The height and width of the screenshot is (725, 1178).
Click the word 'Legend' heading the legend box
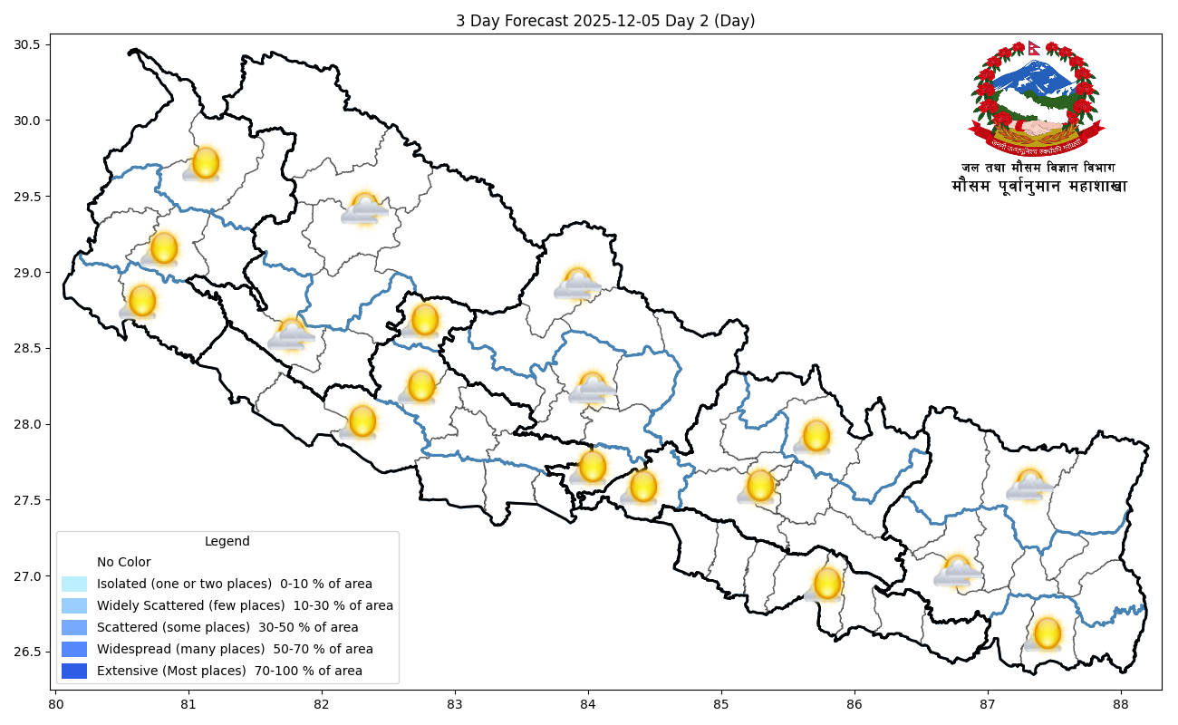point(227,542)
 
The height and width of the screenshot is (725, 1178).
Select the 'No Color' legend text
point(124,562)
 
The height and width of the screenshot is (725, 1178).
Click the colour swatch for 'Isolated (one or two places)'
point(74,584)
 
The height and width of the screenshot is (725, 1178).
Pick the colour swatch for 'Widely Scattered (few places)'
point(74,605)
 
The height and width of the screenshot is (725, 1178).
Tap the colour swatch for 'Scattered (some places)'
point(74,627)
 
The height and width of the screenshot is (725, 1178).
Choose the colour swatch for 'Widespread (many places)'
point(74,649)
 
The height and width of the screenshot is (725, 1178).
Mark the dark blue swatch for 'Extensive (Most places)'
point(74,671)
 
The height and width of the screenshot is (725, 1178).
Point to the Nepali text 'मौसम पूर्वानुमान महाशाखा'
point(1038,187)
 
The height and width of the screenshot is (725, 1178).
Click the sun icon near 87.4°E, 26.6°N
point(1047,633)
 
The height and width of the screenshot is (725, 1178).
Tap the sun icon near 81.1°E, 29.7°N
point(206,162)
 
